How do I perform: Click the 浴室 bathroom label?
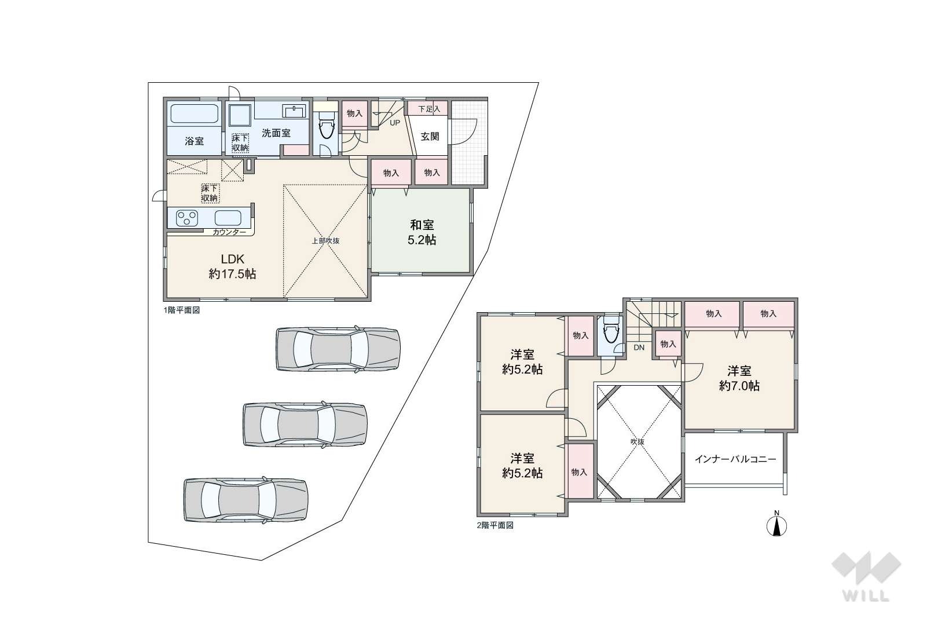coord(195,141)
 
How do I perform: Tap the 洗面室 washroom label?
coord(276,133)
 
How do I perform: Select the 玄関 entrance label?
coord(430,137)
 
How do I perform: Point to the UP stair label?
coord(394,123)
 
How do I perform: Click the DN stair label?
coord(639,347)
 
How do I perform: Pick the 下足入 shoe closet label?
coord(429,109)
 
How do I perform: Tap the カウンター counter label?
coord(229,232)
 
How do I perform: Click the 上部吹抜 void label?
coord(326,241)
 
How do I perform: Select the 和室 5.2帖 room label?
coord(422,232)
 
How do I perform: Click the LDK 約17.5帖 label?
coord(233,266)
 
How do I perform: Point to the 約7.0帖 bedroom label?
coord(739,386)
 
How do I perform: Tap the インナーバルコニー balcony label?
coord(735,459)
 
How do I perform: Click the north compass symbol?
coord(777,525)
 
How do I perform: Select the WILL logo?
coord(866,576)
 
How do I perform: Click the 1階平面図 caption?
coord(182,310)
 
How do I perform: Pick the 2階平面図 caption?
coord(495,525)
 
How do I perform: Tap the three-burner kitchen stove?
coord(187,218)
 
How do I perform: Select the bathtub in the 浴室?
coord(195,114)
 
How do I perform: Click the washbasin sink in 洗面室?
coord(294,111)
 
